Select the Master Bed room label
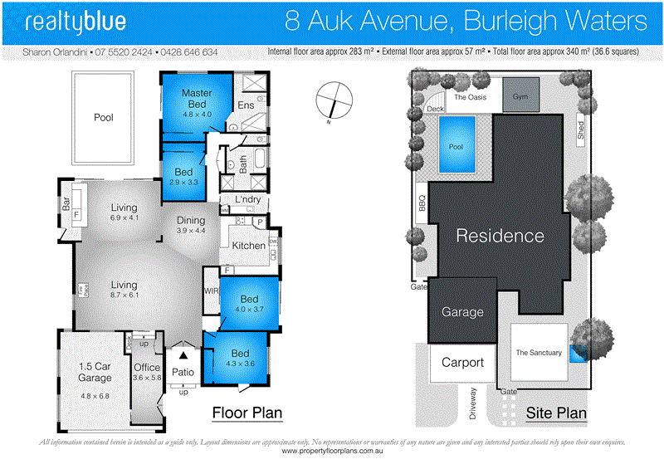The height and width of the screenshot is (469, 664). pos(197,98)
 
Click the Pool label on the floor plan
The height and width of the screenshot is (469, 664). pos(104,118)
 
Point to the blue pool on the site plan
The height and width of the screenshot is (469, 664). pos(456,146)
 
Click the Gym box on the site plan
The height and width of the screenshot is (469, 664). pos(520,96)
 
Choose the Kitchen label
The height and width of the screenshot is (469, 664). pos(248,246)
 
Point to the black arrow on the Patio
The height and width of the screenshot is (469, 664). pos(183,355)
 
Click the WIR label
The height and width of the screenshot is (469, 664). pos(211,291)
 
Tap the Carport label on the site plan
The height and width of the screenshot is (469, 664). pos(462,363)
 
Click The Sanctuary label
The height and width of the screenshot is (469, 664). pos(539,353)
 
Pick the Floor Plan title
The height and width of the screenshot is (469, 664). pos(247,412)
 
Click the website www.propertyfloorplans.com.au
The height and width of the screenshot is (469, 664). pos(332,452)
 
